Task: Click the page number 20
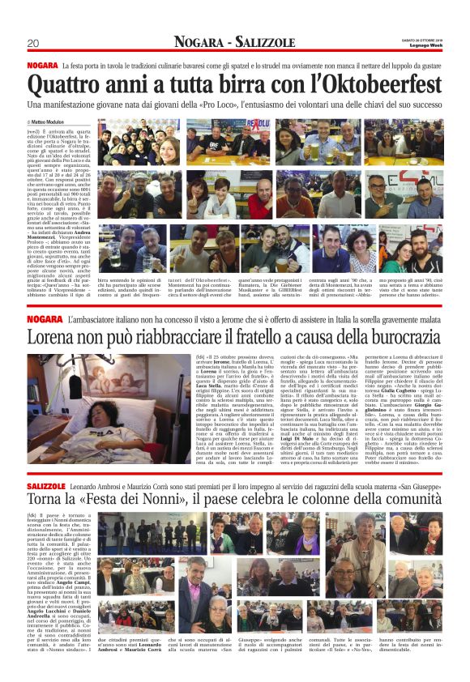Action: tap(33, 43)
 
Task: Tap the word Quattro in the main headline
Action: tap(66, 85)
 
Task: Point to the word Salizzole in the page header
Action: tap(268, 42)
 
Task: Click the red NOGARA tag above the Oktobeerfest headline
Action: tap(41, 65)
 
